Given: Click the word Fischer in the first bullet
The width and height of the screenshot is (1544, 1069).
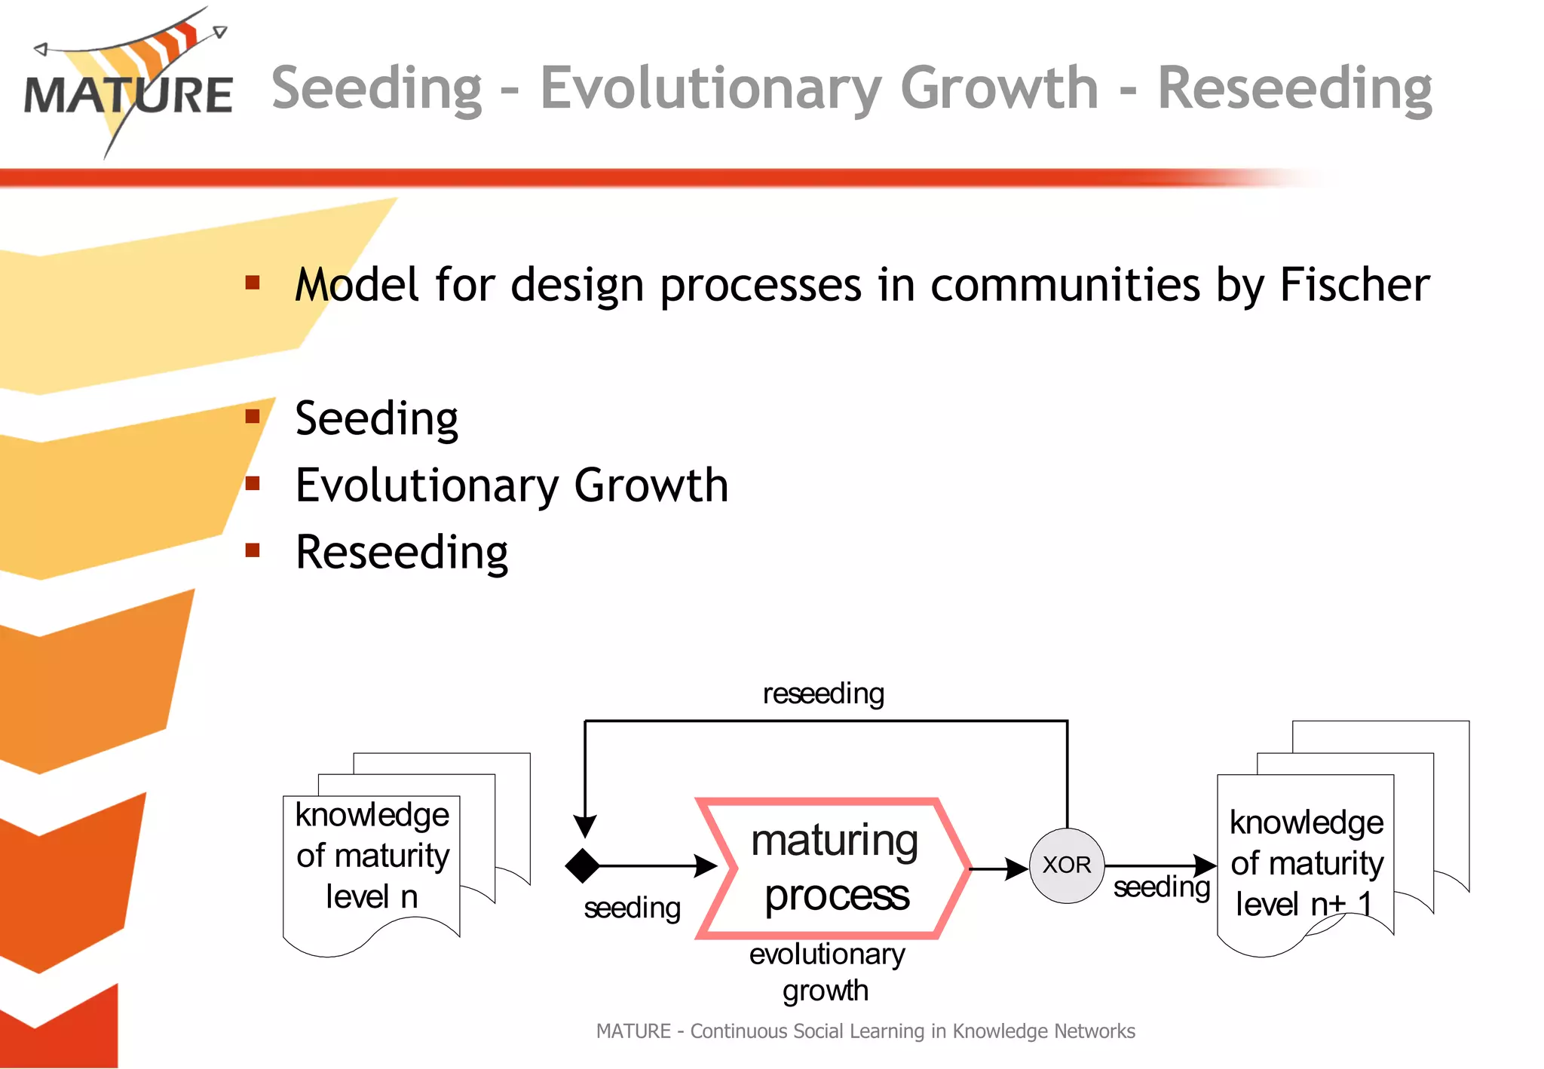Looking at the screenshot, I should click(x=1354, y=285).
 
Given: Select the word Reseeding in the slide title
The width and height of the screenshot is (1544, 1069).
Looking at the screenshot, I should click(x=1294, y=89).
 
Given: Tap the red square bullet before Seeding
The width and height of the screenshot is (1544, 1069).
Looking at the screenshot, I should click(x=253, y=416).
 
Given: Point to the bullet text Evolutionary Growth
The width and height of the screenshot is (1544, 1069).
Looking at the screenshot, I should click(x=511, y=485).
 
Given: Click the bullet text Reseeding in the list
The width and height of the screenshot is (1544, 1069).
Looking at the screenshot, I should click(x=401, y=552).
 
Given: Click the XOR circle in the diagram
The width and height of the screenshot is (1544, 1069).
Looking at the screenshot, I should click(x=1066, y=865).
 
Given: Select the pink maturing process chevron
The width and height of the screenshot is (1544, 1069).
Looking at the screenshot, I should click(x=834, y=868).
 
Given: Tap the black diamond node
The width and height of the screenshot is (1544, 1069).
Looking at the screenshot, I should click(x=583, y=865).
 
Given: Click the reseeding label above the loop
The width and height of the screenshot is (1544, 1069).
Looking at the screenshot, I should click(x=823, y=694).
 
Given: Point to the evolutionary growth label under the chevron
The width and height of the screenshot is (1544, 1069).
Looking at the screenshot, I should click(x=826, y=972).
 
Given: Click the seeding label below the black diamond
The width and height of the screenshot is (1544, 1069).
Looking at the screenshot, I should click(x=632, y=908).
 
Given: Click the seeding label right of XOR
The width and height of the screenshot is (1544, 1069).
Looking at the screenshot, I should click(x=1161, y=887).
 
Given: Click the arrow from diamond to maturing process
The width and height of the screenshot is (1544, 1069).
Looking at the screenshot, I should click(x=656, y=865).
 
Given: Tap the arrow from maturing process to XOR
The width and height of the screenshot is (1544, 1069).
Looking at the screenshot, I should click(x=999, y=868).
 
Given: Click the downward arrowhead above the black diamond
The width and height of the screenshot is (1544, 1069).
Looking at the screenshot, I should click(x=585, y=825).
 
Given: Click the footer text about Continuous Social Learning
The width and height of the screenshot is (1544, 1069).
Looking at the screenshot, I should click(x=865, y=1031).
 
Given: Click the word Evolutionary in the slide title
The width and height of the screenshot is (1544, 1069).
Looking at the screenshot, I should click(x=710, y=89).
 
